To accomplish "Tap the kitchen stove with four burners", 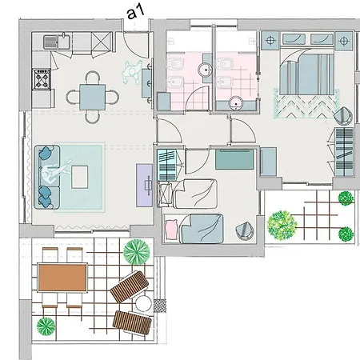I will (41, 78).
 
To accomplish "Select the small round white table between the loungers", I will (143, 304).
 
